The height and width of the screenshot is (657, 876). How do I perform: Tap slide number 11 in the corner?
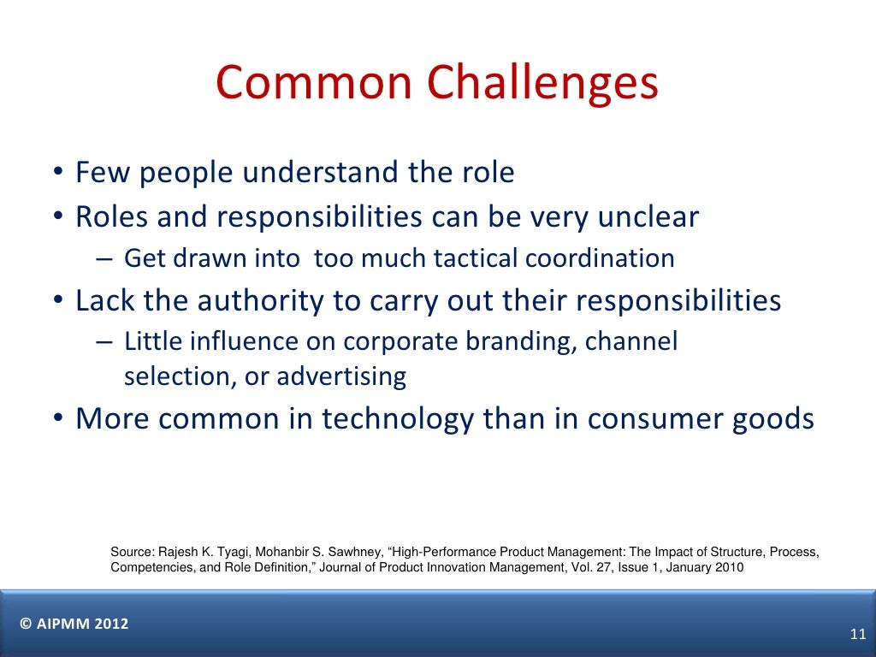(858, 634)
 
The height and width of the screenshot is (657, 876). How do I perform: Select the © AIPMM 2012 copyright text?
(74, 624)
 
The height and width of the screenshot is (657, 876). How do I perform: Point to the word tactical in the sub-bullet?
(476, 258)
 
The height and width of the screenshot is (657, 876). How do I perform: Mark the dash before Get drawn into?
(104, 258)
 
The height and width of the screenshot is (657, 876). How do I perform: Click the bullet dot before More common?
(56, 420)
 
